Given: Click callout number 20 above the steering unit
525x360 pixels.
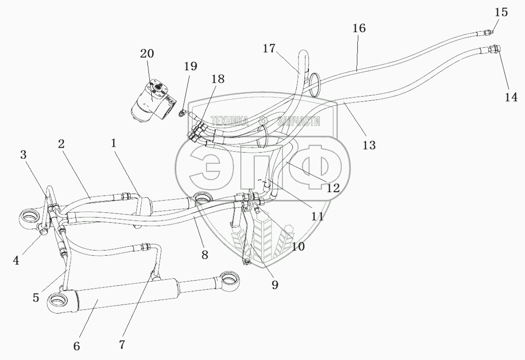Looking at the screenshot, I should (147, 54).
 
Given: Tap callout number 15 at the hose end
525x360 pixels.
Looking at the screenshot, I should (501, 12).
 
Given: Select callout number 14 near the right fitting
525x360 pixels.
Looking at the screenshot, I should (510, 97).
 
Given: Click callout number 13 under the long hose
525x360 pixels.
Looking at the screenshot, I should (369, 145).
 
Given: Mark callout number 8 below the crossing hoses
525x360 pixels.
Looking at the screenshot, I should (204, 255).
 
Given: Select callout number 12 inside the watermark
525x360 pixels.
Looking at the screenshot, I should (333, 188).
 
